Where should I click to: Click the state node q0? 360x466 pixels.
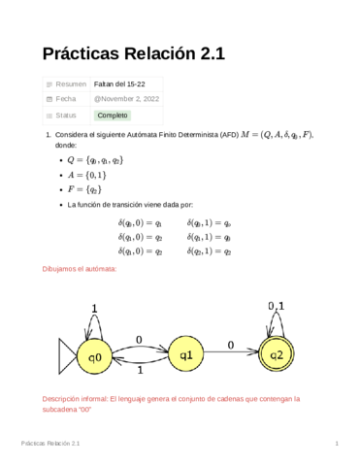tap(94, 357)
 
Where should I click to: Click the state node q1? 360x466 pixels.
tap(186, 356)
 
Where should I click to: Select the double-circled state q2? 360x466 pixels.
tap(277, 356)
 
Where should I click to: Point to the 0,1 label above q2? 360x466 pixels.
tap(276, 306)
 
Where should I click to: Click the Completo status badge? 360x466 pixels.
tap(113, 115)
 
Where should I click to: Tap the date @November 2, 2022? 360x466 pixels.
tap(126, 99)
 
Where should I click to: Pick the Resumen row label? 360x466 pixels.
tap(71, 84)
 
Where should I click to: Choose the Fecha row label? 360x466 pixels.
tap(66, 99)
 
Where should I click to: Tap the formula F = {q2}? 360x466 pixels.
tap(84, 190)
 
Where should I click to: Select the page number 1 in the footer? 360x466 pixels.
tap(335, 444)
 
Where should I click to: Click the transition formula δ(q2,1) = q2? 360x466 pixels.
tap(209, 250)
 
